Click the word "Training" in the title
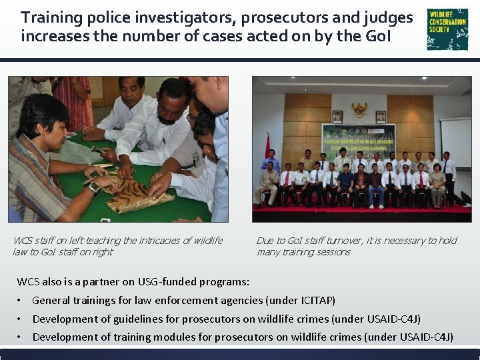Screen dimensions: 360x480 50,17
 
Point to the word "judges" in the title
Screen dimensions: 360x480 389,17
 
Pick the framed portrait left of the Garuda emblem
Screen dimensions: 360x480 337,117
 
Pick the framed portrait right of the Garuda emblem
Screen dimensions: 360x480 381,117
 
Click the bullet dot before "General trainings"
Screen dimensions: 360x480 21,301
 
